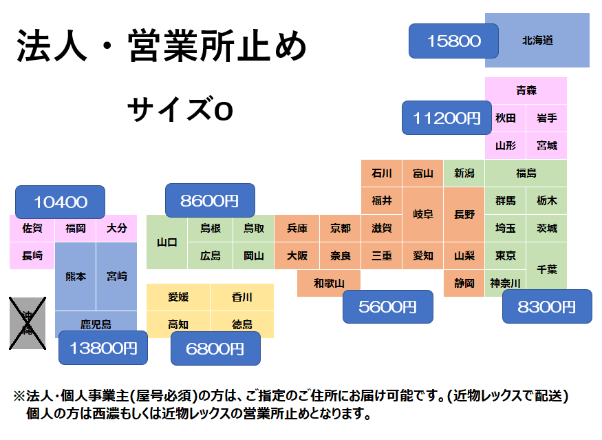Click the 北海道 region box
[537, 41]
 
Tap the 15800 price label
[453, 41]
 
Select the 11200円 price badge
[447, 118]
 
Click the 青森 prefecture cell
[526, 90]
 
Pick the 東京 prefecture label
[506, 255]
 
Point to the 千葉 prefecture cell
[547, 269]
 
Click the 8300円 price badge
[547, 307]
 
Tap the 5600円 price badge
[388, 307]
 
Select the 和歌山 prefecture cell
[329, 283]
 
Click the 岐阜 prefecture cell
[423, 214]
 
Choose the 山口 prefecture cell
[167, 242]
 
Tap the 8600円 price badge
[210, 201]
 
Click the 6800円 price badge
[215, 348]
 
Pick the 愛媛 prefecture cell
[178, 297]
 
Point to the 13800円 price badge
[103, 348]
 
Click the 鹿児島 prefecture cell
[96, 323]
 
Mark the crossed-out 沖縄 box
[27, 322]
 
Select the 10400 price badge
[61, 202]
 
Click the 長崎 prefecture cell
[32, 255]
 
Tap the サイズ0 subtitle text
[180, 110]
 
